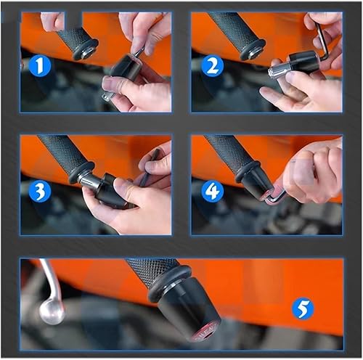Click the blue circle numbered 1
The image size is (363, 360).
pyautogui.click(x=41, y=67)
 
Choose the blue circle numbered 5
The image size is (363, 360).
pyautogui.click(x=303, y=309)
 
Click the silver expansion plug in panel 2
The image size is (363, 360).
pyautogui.click(x=280, y=70)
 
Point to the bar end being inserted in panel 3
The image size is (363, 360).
pyautogui.click(x=113, y=190)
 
